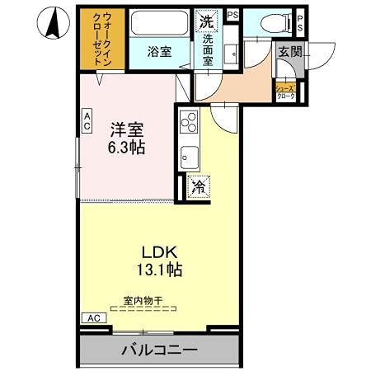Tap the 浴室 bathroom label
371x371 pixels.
pos(159,52)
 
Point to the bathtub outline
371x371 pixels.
pos(160,24)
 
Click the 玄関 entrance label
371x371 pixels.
pos(289,52)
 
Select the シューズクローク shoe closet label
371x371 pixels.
pos(285,92)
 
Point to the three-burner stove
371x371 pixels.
pos(188,123)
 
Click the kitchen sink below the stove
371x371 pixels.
pos(188,156)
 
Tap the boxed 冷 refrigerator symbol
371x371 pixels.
pos(198,186)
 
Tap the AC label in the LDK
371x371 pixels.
pos(93,317)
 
